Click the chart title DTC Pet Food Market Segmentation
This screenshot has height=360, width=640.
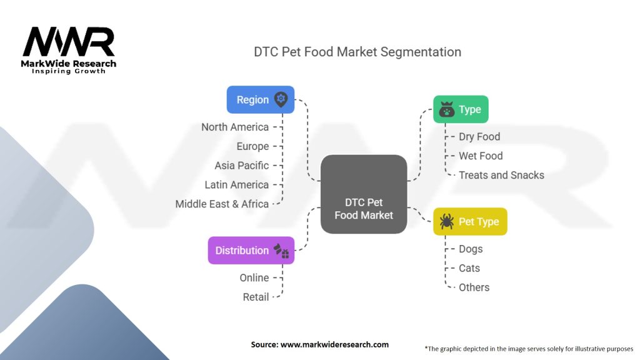357,52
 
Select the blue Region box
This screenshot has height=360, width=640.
260,99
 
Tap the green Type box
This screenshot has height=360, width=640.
461,109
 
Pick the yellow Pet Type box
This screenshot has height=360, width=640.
470,221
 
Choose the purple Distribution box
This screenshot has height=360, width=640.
251,250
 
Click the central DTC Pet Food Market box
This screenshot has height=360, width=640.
364,194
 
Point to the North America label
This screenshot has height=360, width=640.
235,127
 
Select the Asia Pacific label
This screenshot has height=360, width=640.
242,166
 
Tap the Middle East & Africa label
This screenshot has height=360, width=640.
222,204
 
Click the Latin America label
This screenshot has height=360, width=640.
237,184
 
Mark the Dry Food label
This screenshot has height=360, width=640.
479,136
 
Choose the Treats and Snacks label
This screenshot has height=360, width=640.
501,175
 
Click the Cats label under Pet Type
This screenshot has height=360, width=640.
469,268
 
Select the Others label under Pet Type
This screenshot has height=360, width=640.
474,287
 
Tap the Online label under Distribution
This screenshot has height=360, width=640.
254,277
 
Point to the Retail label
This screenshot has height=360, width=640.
256,297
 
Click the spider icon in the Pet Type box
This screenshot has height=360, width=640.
446,222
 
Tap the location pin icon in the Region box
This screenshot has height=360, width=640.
281,99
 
